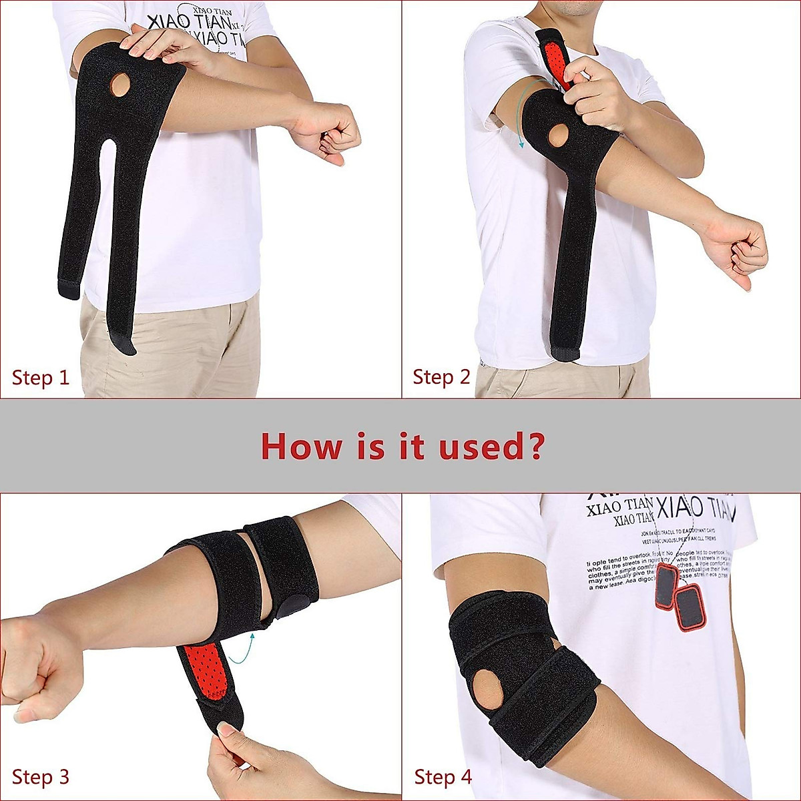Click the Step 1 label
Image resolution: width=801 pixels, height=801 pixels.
tap(41, 378)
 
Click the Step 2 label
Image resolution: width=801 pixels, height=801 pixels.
tap(441, 377)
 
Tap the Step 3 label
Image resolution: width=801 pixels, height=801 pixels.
tap(41, 777)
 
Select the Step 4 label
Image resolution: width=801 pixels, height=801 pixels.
tap(443, 777)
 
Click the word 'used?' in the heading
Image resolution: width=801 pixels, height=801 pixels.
tap(491, 445)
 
